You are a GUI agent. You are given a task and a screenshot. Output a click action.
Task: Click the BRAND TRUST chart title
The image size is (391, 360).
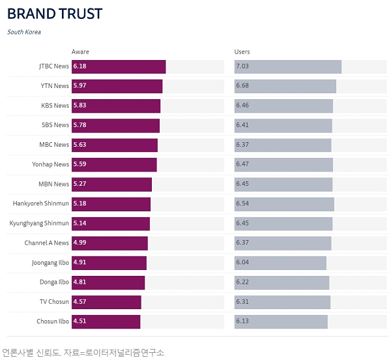55,14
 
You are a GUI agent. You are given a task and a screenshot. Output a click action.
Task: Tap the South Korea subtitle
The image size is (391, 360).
24,32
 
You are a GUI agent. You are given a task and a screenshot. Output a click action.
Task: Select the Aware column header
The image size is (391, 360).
80,52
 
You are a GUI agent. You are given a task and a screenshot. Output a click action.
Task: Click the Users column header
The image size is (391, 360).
242,52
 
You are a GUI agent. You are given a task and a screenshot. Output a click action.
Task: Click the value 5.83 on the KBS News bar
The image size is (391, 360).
80,106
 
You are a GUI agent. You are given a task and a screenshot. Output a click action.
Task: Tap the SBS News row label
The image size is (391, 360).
55,125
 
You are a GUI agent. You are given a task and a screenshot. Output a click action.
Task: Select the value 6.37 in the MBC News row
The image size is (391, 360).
242,145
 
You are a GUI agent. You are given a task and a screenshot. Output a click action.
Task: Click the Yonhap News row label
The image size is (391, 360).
51,164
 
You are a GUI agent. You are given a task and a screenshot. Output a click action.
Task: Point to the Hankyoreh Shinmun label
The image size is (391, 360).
40,204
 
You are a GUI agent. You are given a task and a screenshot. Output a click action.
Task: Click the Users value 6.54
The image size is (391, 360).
242,204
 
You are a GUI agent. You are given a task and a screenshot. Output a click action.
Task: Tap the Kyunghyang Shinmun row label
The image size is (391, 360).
39,224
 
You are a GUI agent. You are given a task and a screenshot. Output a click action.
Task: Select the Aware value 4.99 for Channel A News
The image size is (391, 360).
80,243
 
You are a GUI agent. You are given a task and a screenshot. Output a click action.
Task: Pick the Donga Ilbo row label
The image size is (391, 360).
54,282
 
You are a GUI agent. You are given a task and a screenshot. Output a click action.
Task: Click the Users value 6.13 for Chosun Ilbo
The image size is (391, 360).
242,322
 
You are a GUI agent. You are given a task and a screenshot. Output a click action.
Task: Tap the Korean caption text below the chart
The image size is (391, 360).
83,352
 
